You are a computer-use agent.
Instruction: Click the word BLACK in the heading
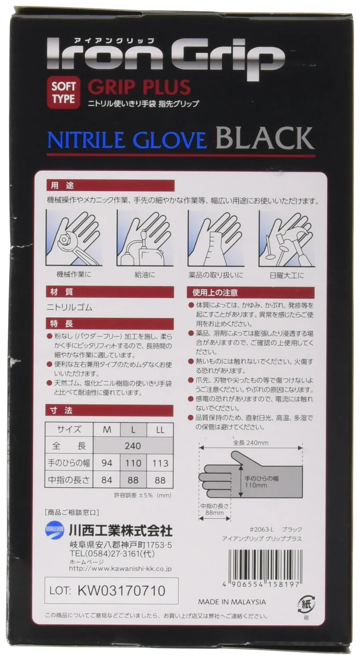coord(265,138)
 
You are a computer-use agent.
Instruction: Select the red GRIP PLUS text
coord(139,87)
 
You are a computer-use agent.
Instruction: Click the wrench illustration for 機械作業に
coord(74,238)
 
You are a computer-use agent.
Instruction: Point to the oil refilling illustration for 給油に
coord(145,238)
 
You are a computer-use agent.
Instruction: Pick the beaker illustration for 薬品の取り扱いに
coord(216,238)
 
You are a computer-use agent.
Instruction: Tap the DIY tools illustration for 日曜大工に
coord(287,238)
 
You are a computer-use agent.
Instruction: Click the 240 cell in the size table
coord(133,446)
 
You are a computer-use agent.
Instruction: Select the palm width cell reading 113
coord(160,463)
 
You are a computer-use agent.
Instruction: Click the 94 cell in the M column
coord(107,463)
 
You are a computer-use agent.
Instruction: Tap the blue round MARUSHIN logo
coord(55,530)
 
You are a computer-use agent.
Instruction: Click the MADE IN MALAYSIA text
coord(232,601)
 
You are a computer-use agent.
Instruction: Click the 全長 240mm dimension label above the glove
coord(251,443)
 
